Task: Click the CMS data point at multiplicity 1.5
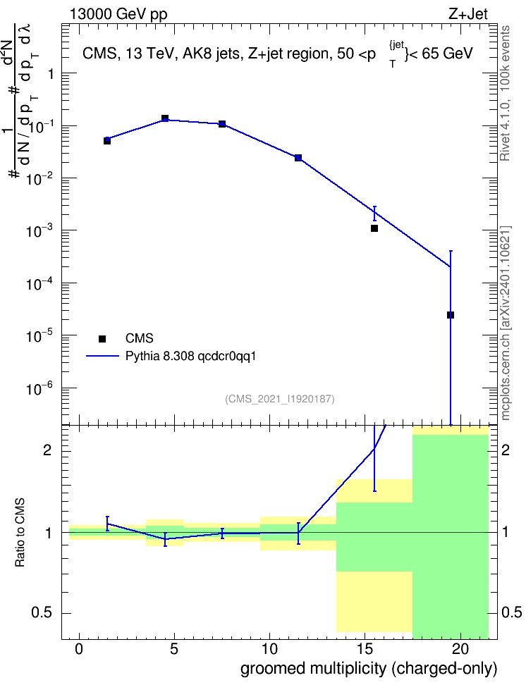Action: click(x=107, y=141)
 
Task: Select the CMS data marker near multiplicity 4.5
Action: click(x=165, y=118)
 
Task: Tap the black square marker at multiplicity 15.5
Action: click(x=374, y=228)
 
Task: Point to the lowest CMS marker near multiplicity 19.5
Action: click(x=451, y=315)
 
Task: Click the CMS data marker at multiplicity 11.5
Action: click(x=298, y=158)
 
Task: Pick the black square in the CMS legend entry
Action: click(x=102, y=338)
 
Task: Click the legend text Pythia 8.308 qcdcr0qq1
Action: click(x=190, y=357)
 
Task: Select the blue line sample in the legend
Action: click(x=102, y=356)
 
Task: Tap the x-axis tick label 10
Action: click(x=269, y=649)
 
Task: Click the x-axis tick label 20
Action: click(x=460, y=649)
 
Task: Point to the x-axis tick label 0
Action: click(x=79, y=649)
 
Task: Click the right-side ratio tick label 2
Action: click(x=506, y=450)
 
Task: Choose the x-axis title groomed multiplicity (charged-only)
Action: click(x=369, y=669)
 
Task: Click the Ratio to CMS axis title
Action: click(x=20, y=533)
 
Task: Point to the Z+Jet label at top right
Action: click(x=468, y=14)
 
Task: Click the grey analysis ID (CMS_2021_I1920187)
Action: click(x=280, y=399)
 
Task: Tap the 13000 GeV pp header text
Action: click(x=118, y=14)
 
